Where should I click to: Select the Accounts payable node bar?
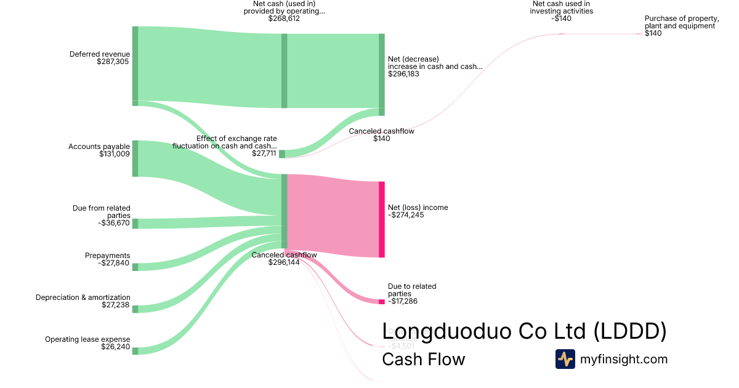tap(135, 158)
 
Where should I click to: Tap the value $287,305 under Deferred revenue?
tap(113, 62)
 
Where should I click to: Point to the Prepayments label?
tap(108, 256)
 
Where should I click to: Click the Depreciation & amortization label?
tap(83, 297)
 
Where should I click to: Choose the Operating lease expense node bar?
tap(135, 350)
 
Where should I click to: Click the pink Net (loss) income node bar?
tap(382, 219)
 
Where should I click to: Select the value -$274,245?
tap(406, 215)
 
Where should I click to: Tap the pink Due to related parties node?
tap(382, 302)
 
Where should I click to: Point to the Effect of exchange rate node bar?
tap(282, 153)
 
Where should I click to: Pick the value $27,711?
tap(264, 153)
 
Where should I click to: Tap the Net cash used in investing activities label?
tap(562, 7)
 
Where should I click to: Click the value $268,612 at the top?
tap(284, 18)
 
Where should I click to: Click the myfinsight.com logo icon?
tap(565, 359)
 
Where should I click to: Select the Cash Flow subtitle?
tap(424, 359)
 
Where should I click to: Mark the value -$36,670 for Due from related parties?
tap(114, 223)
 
